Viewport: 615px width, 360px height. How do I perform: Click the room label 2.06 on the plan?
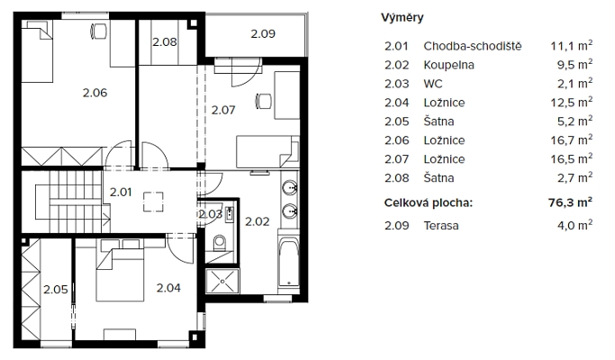(95, 93)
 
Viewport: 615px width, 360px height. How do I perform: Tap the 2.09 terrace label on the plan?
(263, 33)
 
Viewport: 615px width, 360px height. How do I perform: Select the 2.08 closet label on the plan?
(165, 42)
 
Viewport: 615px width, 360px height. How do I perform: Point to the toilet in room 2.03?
(220, 243)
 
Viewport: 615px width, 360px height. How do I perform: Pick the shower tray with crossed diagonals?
(222, 281)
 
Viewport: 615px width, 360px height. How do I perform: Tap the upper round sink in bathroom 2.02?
(290, 188)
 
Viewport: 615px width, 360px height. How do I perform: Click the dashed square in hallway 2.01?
(153, 202)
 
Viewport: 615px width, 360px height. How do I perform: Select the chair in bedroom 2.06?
(99, 31)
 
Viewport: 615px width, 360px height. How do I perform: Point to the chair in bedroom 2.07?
(264, 101)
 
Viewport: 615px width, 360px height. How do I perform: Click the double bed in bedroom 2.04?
(121, 274)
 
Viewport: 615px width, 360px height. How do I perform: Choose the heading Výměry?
(402, 18)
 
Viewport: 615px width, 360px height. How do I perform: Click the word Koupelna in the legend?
(448, 65)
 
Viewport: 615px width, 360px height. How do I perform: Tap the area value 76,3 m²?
(570, 202)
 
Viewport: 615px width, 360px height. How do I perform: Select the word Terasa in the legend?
(441, 226)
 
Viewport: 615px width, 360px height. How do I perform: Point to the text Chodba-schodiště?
(473, 46)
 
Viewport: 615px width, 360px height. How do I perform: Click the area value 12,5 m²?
(572, 103)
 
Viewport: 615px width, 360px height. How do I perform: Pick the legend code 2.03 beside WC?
(396, 84)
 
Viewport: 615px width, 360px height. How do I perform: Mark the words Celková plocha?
(429, 202)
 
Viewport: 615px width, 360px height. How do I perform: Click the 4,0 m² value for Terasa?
(575, 226)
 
